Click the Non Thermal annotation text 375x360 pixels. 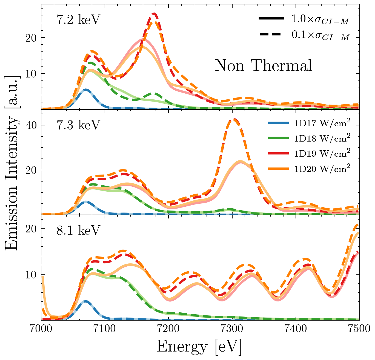(263, 66)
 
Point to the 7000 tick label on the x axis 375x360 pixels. (41, 329)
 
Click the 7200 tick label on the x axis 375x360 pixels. (168, 329)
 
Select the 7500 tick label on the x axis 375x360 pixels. (359, 329)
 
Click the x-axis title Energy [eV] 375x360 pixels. (199, 347)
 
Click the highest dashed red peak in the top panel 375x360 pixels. (154, 13)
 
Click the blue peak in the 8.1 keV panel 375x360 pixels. (85, 301)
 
